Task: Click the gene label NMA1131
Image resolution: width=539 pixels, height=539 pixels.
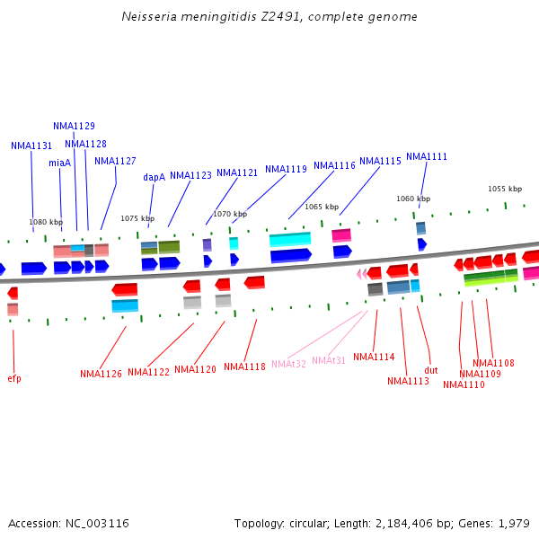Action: coord(31,146)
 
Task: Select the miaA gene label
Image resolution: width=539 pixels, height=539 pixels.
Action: coord(60,163)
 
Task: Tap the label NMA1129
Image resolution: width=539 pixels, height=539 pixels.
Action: coord(74,127)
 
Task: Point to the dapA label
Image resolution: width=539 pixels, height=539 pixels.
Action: coord(155,178)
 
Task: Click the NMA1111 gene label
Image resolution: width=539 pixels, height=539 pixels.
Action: coord(427,157)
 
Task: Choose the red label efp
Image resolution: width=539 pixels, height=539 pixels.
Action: coord(14,379)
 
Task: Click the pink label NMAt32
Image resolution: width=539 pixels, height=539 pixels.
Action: coord(288,364)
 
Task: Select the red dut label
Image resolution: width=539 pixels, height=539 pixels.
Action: coord(431,370)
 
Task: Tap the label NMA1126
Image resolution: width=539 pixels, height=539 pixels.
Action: coord(101,375)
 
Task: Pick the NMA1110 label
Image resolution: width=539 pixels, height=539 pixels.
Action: coord(464,385)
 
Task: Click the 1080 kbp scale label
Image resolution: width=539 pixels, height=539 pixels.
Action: coord(46,222)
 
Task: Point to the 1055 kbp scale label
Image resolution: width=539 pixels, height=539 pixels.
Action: coord(505,189)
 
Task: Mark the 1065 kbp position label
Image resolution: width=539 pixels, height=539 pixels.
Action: coord(322,207)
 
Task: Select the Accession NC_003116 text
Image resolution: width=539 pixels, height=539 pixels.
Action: coord(68,523)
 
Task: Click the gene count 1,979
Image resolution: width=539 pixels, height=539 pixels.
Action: coord(515,523)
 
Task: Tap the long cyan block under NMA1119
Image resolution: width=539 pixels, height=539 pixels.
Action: coord(290,240)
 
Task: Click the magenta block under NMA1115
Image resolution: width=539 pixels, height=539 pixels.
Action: coord(341,235)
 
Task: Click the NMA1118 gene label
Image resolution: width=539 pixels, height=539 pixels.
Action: coord(244,367)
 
